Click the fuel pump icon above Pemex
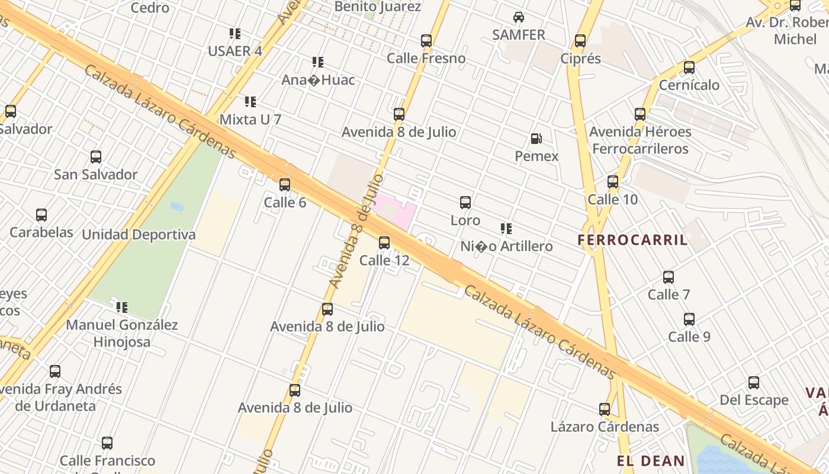pos(536,139)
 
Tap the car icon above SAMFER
pos(519,17)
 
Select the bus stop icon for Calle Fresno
pos(426,41)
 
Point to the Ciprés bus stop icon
pos(580,41)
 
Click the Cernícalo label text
pos(689,85)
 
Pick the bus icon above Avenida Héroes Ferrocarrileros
pos(640,114)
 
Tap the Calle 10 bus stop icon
pos(613,182)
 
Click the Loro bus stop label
pos(465,220)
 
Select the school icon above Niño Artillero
pos(506,229)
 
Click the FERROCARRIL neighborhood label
pos(632,240)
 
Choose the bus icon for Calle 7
pos(669,277)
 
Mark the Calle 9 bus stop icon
pos(689,319)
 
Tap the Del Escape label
pos(754,400)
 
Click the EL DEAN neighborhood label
pos(651,461)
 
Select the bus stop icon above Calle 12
pos(384,242)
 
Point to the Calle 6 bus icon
pos(285,185)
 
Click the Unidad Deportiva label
pos(139,235)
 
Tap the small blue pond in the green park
pos(176,207)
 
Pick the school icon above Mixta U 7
pos(250,102)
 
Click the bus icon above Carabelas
pos(41,215)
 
